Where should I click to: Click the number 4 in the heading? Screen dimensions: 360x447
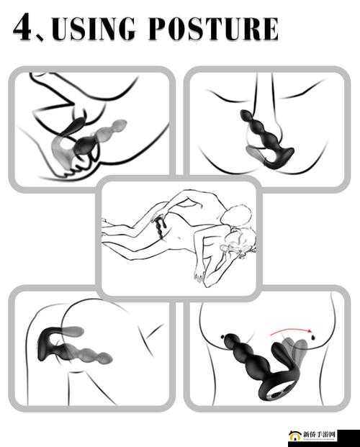click(x=23, y=27)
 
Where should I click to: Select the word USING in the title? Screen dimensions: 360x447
click(x=93, y=29)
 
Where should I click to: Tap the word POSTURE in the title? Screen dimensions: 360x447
click(x=213, y=29)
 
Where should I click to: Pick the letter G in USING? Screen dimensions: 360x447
click(x=125, y=29)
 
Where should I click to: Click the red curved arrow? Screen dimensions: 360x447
click(x=290, y=331)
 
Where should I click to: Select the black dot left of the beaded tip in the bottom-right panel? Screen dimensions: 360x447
click(x=222, y=337)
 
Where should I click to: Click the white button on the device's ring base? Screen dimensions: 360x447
click(x=277, y=395)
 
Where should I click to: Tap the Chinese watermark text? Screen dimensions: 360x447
click(x=319, y=435)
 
